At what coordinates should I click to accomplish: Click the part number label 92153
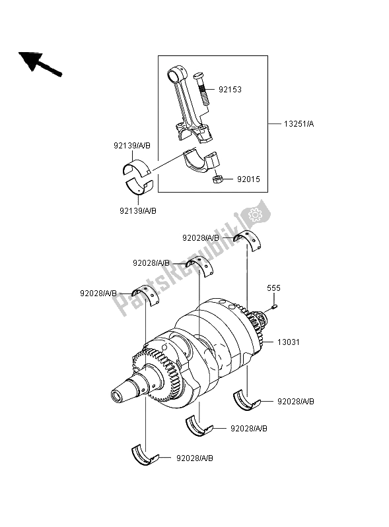click(230, 90)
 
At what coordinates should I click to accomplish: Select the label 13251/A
click(299, 124)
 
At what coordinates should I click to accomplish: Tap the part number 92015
click(249, 179)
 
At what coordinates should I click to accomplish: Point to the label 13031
click(289, 342)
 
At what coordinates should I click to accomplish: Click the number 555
click(273, 288)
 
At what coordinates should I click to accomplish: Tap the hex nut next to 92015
click(217, 179)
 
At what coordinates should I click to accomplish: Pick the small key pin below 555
click(274, 306)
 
